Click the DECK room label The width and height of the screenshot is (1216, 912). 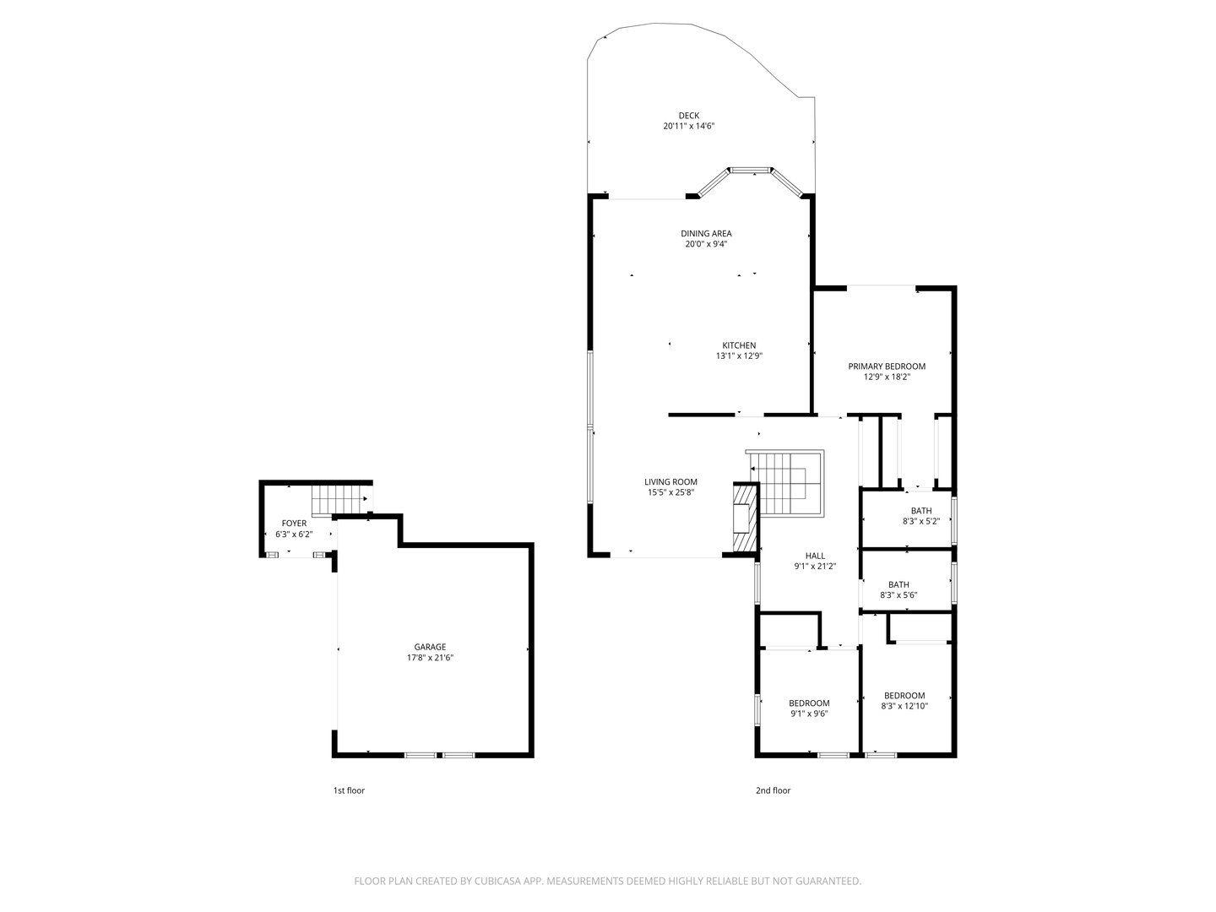pos(688,116)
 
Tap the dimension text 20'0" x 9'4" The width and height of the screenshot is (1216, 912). pos(706,244)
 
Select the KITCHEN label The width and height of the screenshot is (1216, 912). pos(739,345)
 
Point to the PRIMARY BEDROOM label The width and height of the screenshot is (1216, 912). pos(887,366)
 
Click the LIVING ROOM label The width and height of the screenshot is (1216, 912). pos(670,482)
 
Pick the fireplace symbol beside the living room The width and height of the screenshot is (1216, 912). pos(745,518)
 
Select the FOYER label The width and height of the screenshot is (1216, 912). pos(294,524)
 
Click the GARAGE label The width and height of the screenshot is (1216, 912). pos(430,647)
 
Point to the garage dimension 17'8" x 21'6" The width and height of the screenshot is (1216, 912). pos(430,658)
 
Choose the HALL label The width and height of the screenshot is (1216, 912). pos(815,556)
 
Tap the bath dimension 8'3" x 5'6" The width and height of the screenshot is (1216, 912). pos(898,595)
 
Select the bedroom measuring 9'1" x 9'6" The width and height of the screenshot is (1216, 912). pos(809,708)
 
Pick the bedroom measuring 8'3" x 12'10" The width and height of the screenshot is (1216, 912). pos(904,701)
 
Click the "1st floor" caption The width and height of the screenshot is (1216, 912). pos(349,790)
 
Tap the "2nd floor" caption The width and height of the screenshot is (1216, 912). pos(773,790)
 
